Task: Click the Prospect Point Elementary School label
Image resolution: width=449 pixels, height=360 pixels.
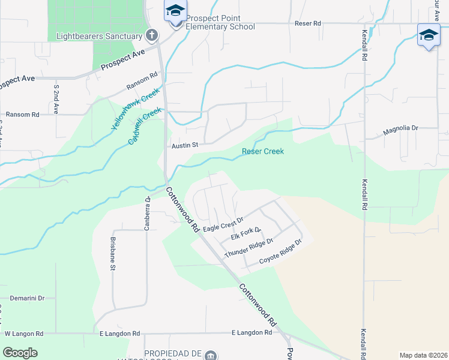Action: point(220,23)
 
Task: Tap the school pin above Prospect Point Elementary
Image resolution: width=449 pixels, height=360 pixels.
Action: point(175,12)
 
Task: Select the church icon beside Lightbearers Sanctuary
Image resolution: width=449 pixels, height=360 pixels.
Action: point(152,35)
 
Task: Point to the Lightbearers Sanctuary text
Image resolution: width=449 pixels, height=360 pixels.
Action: point(99,36)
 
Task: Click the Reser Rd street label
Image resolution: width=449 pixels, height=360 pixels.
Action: point(308,23)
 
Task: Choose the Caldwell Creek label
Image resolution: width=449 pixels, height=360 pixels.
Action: point(145,125)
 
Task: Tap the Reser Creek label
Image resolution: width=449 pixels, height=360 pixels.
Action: point(262,151)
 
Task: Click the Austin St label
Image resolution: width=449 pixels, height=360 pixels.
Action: point(184,145)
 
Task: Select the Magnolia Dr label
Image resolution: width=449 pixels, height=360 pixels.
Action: point(400,128)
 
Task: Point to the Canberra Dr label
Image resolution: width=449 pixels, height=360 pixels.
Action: point(146,206)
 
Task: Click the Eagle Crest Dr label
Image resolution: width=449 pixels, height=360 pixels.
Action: point(223,224)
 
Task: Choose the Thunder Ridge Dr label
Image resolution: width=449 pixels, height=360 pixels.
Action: point(249,248)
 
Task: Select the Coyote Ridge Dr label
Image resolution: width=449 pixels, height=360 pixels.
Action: point(280,252)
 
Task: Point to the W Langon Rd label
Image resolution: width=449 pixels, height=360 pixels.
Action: point(24,333)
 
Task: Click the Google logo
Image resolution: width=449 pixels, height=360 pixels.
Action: point(20,353)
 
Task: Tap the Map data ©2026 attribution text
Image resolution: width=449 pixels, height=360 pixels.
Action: point(423,355)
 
